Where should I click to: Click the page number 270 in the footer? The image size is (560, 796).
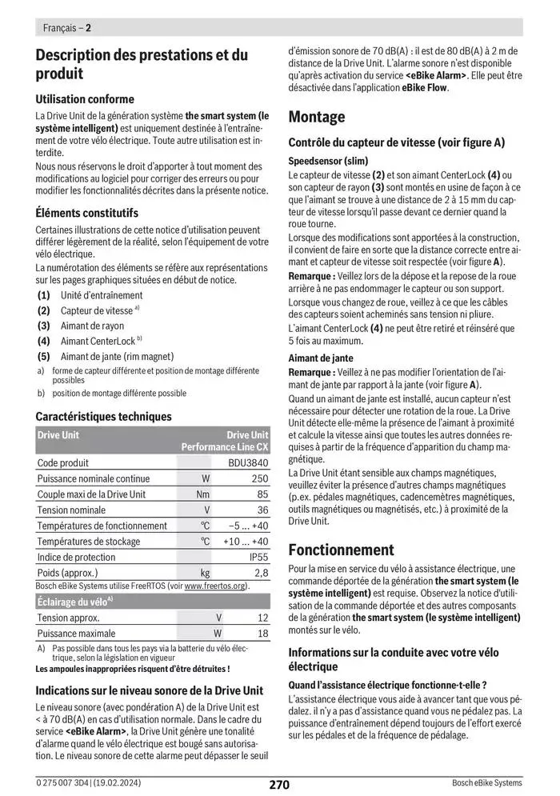[279, 784]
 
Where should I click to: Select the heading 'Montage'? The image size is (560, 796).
[316, 117]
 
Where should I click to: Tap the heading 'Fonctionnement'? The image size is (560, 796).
[341, 550]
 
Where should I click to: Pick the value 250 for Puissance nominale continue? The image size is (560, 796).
[259, 478]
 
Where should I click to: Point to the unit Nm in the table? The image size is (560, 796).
[203, 494]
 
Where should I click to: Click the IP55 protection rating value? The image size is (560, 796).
[258, 557]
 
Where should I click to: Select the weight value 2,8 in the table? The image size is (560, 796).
[261, 573]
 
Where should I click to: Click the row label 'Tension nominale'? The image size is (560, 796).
[71, 510]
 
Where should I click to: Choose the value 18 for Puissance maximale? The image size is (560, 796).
[263, 633]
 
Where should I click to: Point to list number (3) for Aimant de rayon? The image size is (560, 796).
[43, 326]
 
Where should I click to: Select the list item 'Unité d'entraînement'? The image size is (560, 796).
[102, 295]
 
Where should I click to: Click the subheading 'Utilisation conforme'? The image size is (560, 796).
[85, 99]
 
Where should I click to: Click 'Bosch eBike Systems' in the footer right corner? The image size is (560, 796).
[486, 783]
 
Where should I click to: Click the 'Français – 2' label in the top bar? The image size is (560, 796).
[66, 27]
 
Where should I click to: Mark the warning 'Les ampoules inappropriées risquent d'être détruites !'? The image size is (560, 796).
[133, 668]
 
